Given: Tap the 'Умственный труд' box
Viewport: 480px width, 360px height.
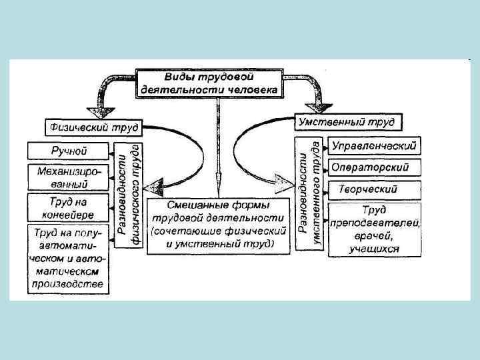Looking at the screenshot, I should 345,122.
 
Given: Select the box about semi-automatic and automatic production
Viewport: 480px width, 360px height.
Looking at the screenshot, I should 67,259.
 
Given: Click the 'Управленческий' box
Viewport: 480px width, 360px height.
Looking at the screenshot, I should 374,145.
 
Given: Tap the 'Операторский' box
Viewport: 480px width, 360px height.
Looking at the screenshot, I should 374,167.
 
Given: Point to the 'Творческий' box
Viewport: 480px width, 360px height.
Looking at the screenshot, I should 374,189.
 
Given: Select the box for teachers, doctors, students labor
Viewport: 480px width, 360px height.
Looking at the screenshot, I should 374,229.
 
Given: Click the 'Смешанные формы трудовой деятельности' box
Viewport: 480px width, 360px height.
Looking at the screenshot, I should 217,225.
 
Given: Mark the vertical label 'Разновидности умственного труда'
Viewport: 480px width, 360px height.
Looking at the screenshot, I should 311,193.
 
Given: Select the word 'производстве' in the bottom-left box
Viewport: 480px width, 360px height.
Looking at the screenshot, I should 67,284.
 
